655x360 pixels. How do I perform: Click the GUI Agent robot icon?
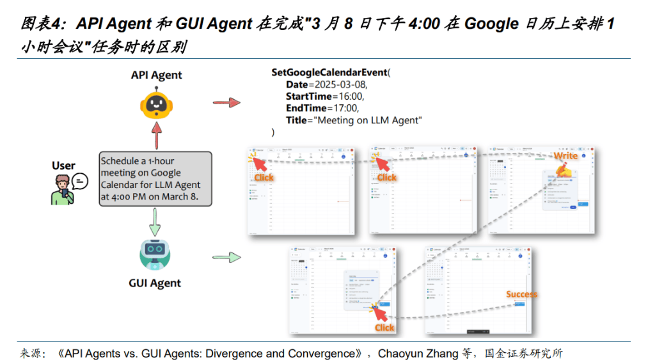[x=155, y=254]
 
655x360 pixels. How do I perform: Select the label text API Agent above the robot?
[x=157, y=75]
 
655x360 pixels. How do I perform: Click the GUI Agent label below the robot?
[x=155, y=283]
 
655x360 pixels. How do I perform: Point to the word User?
[x=63, y=166]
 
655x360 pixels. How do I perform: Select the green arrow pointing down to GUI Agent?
[x=155, y=221]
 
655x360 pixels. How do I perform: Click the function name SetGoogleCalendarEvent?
[x=329, y=73]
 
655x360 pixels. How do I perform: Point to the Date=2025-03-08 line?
[x=327, y=84]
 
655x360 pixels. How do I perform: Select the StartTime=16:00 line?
[x=325, y=97]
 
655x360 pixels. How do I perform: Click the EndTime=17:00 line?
[x=322, y=108]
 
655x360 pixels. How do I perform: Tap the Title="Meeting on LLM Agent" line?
[x=354, y=120]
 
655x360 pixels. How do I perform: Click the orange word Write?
[x=565, y=155]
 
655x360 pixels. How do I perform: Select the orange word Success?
[x=522, y=294]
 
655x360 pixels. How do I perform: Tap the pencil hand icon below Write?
[x=563, y=170]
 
